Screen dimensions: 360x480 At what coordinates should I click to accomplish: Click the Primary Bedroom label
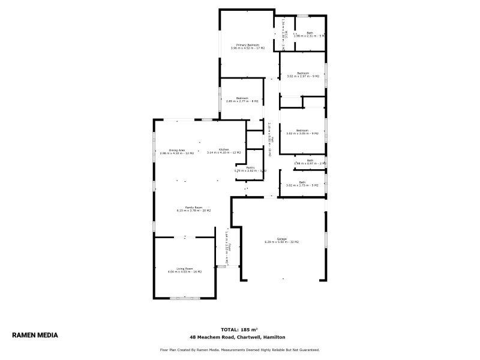point(247,45)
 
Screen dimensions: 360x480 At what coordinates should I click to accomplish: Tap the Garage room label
point(281,239)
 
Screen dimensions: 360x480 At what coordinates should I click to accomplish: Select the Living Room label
point(184,268)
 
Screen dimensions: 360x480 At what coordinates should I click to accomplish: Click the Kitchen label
point(223,149)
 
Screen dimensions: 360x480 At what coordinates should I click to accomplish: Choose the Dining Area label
point(176,150)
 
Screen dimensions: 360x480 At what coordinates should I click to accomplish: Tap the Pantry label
point(250,167)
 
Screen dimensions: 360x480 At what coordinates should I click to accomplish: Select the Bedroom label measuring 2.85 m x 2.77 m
point(242,98)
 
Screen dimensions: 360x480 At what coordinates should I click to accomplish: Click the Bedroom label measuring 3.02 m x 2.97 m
point(302,73)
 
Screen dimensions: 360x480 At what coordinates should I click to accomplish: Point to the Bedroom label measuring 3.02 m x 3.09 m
point(302,130)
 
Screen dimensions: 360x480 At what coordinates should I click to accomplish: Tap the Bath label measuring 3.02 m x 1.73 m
point(302,182)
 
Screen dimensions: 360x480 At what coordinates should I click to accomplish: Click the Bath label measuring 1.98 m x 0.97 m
point(310,160)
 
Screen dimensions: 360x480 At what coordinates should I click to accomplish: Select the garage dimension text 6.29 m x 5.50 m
point(281,242)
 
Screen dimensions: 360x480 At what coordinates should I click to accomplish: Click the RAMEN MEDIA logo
point(35,335)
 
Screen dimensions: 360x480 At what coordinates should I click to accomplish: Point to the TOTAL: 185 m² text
point(239,329)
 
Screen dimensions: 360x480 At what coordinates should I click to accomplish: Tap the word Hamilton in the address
point(275,337)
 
